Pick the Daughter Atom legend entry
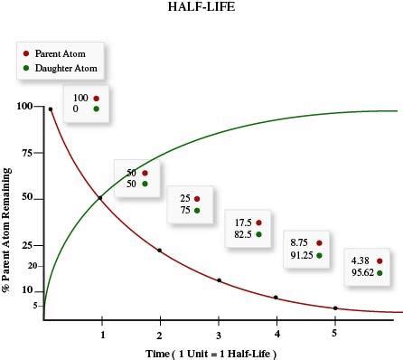tap(60, 67)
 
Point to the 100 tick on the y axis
tap(24, 107)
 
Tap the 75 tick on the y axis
tap(27, 153)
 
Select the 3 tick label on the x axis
tap(219, 333)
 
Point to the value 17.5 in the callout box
tap(243, 223)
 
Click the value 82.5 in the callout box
tap(243, 234)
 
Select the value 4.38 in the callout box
tap(361, 261)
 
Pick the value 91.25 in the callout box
tap(301, 255)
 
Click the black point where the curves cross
tap(99, 197)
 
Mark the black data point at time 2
tap(160, 250)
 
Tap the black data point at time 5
tap(335, 308)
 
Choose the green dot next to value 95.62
tap(380, 272)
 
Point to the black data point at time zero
tap(51, 109)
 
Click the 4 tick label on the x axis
tap(276, 333)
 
